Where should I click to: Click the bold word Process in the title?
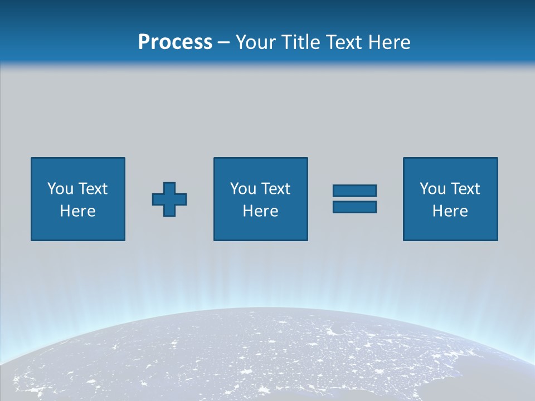(175, 42)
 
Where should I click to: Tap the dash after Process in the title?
(223, 42)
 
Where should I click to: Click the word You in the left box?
(60, 189)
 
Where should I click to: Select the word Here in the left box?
(77, 211)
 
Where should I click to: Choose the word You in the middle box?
(243, 189)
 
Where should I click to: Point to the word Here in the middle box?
(260, 211)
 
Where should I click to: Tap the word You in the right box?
(432, 189)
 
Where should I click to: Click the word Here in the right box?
(450, 211)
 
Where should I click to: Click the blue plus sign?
(169, 199)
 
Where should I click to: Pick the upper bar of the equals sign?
(354, 190)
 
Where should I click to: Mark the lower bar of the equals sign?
(354, 207)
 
